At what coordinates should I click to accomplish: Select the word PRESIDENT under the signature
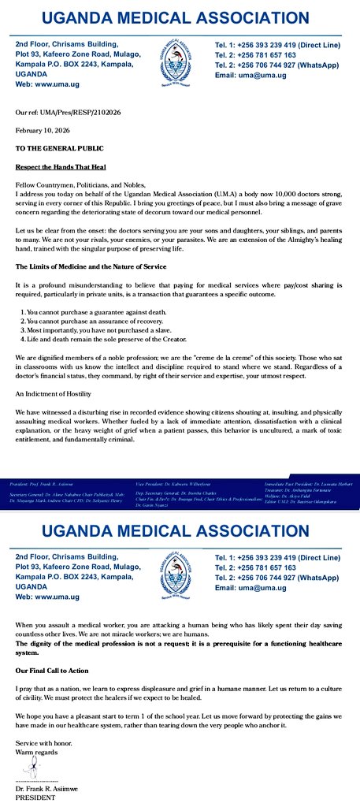pos(36,798)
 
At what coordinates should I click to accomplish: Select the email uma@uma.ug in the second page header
pos(251,588)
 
